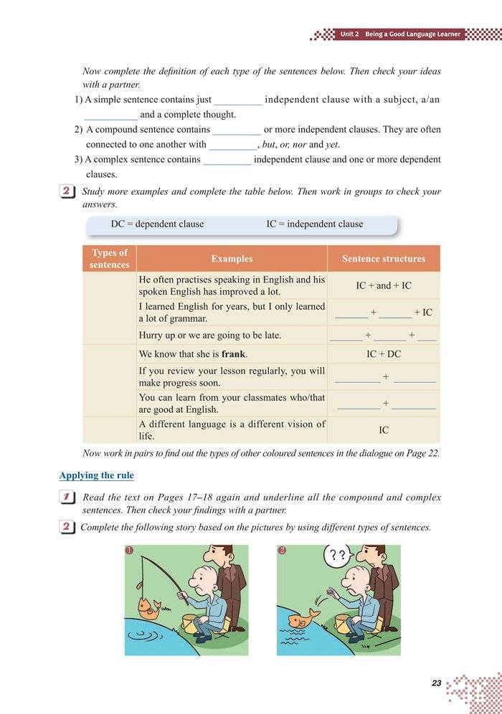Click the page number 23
click(436, 683)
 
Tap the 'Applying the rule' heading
click(96, 475)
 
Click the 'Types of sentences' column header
click(109, 259)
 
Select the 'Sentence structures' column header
click(383, 259)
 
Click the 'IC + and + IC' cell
click(384, 285)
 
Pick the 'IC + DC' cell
click(384, 354)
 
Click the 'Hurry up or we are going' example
click(209, 335)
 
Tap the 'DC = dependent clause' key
click(157, 224)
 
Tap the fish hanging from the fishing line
click(149, 607)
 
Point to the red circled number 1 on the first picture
click(129, 551)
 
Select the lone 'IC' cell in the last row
click(384, 430)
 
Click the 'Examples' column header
click(232, 259)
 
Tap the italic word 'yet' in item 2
click(332, 144)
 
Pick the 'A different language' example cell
click(231, 429)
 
